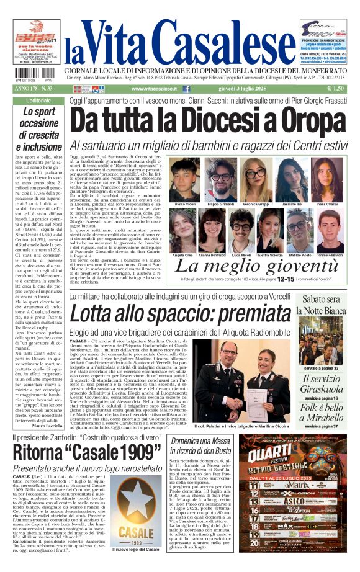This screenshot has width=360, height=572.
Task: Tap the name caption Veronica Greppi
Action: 256,203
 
